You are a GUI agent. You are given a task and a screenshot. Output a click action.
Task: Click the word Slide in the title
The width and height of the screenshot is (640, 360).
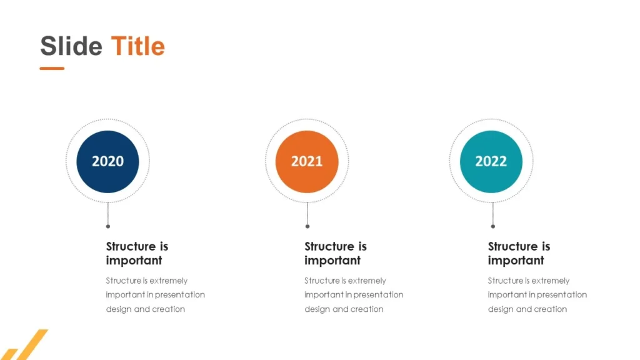(71, 46)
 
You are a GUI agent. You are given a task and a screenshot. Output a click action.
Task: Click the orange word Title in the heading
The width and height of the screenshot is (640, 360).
(137, 46)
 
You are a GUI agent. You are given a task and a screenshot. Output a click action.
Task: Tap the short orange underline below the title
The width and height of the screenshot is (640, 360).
(52, 68)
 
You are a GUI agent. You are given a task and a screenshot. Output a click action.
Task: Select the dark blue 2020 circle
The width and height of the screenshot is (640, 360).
(107, 161)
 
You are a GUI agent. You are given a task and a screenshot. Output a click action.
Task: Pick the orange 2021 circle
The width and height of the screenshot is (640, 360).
(307, 161)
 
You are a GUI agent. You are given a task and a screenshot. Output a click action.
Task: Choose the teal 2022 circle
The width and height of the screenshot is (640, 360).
(491, 161)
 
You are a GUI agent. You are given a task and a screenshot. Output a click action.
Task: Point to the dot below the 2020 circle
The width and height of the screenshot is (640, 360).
(107, 226)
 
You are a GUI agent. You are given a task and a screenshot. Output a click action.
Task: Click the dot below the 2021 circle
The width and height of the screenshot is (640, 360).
(307, 226)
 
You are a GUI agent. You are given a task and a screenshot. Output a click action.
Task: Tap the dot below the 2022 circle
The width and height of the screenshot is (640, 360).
(492, 226)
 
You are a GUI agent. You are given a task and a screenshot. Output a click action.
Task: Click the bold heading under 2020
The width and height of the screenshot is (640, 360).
(137, 253)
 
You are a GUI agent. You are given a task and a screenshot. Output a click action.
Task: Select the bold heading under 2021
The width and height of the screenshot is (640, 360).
(335, 253)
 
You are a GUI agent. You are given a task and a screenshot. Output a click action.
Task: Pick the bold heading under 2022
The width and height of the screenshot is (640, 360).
(519, 253)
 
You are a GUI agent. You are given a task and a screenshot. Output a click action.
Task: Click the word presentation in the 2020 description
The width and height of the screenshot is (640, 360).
(179, 294)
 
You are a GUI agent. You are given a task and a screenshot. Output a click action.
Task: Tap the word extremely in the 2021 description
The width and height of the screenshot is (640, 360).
(366, 281)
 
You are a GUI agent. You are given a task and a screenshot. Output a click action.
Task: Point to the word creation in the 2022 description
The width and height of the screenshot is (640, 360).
(551, 309)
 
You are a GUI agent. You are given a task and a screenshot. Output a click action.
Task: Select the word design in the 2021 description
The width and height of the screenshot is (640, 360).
(317, 309)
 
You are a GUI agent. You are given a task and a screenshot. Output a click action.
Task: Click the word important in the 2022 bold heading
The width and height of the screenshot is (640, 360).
(516, 261)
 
